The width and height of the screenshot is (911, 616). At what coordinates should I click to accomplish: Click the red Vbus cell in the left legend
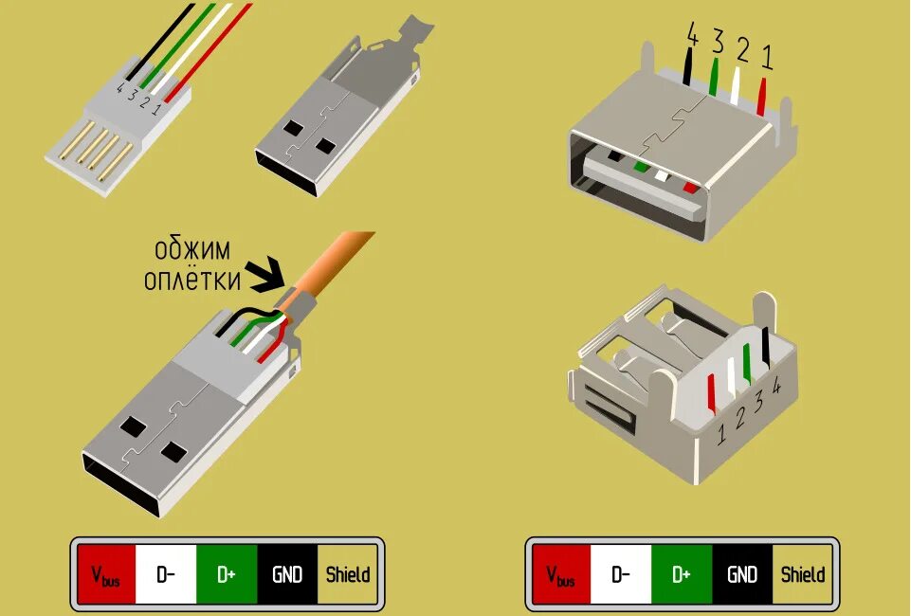[x=106, y=573]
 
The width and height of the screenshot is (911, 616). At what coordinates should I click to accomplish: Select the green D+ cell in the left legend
[x=227, y=573]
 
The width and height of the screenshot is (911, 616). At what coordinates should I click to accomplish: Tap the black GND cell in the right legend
[x=742, y=573]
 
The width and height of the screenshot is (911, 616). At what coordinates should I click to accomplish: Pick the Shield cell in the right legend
[x=802, y=573]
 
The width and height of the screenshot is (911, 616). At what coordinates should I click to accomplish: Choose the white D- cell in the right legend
[x=621, y=573]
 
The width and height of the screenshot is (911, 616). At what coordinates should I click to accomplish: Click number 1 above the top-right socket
[x=766, y=59]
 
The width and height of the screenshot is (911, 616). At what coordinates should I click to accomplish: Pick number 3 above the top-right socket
[x=718, y=43]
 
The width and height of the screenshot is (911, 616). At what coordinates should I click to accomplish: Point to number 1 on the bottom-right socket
[x=721, y=433]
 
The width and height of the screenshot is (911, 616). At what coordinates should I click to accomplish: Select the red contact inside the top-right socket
[x=690, y=188]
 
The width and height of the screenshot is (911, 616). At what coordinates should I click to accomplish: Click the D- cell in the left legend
[x=166, y=573]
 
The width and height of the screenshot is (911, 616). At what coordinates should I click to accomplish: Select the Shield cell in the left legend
[x=347, y=573]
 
